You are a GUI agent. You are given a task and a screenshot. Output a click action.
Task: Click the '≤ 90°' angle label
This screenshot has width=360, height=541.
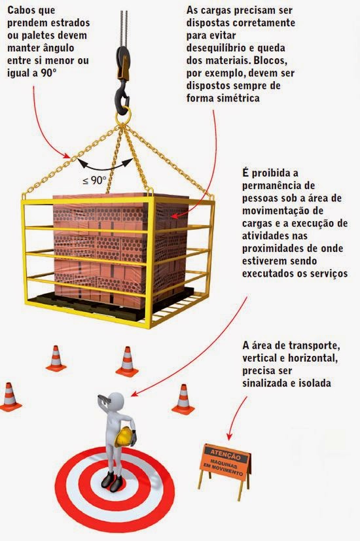[95, 179]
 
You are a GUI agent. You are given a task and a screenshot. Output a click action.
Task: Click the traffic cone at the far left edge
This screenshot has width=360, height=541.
[9, 396]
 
